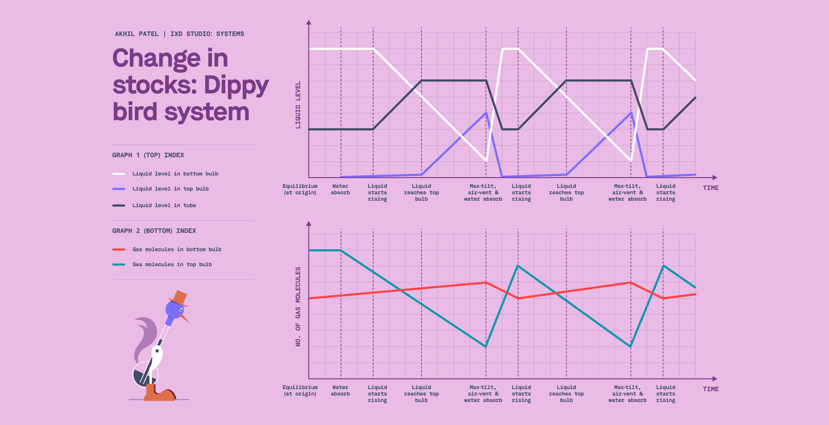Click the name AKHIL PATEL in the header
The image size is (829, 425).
click(x=137, y=34)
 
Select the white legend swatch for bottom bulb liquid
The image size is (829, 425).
click(x=118, y=174)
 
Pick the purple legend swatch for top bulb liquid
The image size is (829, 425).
click(x=118, y=189)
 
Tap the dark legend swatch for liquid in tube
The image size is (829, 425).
click(x=118, y=205)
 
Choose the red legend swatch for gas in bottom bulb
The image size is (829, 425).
click(x=118, y=249)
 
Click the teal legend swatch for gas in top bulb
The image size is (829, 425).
click(x=118, y=265)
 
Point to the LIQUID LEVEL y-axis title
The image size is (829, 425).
click(x=298, y=105)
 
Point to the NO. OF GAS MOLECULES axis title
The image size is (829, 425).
click(x=298, y=306)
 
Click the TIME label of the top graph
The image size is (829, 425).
click(x=711, y=188)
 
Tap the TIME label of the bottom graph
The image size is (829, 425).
click(x=711, y=389)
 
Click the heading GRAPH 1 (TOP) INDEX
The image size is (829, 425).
click(x=148, y=155)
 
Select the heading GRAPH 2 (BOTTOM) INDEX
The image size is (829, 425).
click(x=154, y=231)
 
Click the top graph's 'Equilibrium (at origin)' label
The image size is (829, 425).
click(x=300, y=189)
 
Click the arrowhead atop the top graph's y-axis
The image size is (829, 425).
click(x=309, y=22)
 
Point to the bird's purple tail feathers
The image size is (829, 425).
click(x=145, y=335)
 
